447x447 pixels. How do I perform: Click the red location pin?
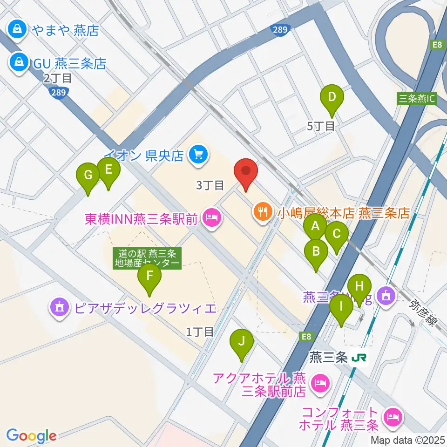point(246,173)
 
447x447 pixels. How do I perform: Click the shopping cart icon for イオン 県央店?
point(198,154)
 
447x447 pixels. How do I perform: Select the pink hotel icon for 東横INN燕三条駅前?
point(212,217)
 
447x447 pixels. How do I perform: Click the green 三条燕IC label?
point(417,99)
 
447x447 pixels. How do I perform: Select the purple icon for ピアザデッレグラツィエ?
point(59,308)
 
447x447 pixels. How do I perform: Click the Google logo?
point(31,436)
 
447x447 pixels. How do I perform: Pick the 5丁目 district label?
point(321,126)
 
